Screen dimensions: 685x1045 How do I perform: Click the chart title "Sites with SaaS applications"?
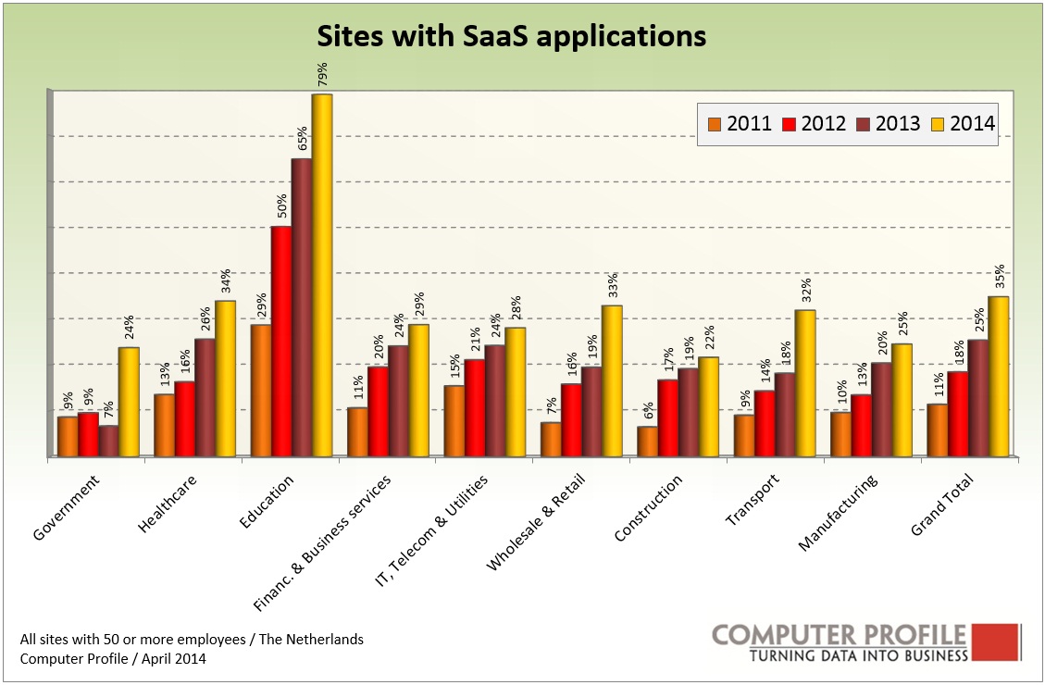(x=512, y=36)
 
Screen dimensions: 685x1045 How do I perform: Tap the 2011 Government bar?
(x=68, y=436)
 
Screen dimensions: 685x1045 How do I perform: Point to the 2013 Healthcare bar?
(x=205, y=397)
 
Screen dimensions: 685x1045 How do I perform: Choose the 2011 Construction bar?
(x=647, y=441)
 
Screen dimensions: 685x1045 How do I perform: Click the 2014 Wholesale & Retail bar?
(x=611, y=380)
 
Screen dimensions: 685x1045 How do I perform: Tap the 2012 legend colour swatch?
(x=790, y=124)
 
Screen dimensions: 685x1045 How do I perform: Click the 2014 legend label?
(x=972, y=124)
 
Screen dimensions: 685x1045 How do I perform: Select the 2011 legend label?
(x=750, y=124)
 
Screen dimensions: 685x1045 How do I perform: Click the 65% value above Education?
(x=302, y=141)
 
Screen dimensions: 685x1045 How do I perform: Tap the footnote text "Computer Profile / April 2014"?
(x=113, y=658)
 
